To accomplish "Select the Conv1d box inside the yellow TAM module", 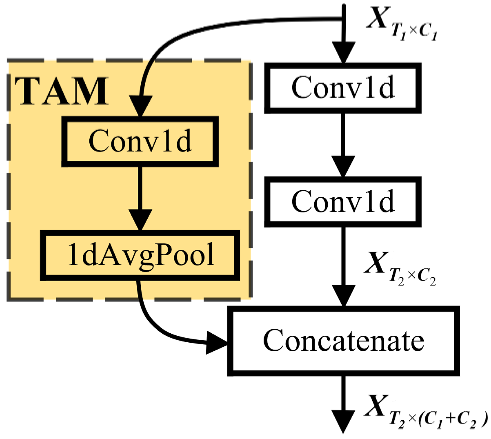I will coord(140,141).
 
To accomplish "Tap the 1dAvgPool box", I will coord(140,255).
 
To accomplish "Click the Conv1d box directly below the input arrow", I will coord(343,88).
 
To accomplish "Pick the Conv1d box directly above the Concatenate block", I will coord(343,202).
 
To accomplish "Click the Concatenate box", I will coord(343,341).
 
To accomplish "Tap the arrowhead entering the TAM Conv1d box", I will coord(140,106).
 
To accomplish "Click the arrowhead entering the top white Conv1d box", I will coord(343,53).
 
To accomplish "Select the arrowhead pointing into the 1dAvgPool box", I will coord(140,220).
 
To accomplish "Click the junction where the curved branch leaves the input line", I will coord(343,18).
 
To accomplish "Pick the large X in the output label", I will coord(377,405).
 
